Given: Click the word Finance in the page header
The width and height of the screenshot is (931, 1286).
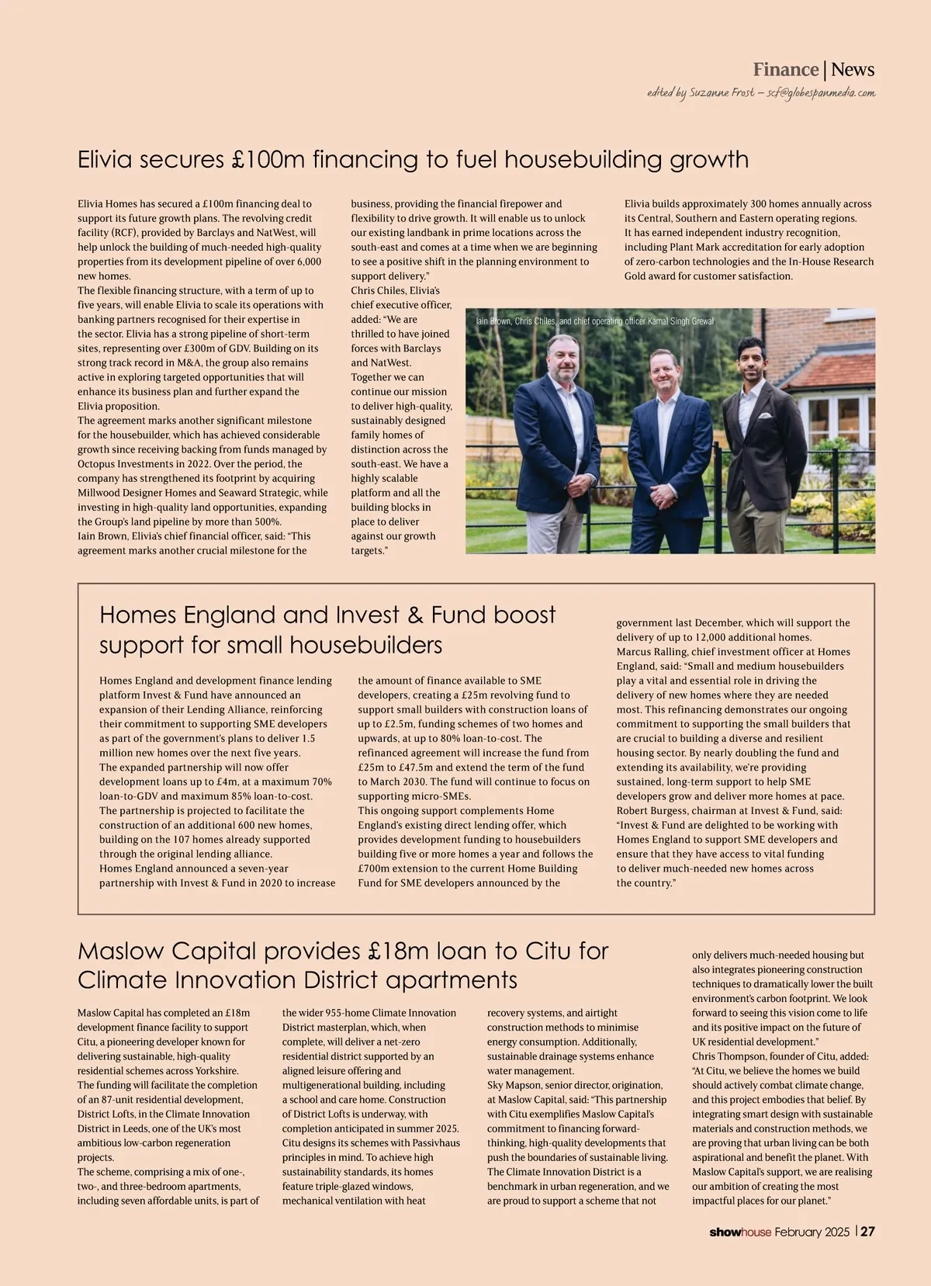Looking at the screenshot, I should click(x=785, y=70).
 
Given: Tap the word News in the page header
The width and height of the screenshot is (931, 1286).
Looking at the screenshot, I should click(x=853, y=70).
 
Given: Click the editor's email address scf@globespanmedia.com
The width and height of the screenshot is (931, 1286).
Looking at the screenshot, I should click(x=821, y=93).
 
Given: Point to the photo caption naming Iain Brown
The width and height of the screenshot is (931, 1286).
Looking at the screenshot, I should click(x=594, y=321).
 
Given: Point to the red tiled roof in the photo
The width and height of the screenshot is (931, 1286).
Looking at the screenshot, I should click(x=830, y=370).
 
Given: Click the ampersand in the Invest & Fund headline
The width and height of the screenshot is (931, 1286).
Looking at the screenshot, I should click(x=415, y=615).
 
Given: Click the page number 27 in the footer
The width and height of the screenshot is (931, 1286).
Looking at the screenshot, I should click(x=867, y=1232).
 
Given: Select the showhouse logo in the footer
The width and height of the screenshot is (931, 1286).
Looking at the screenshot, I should click(x=740, y=1232).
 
